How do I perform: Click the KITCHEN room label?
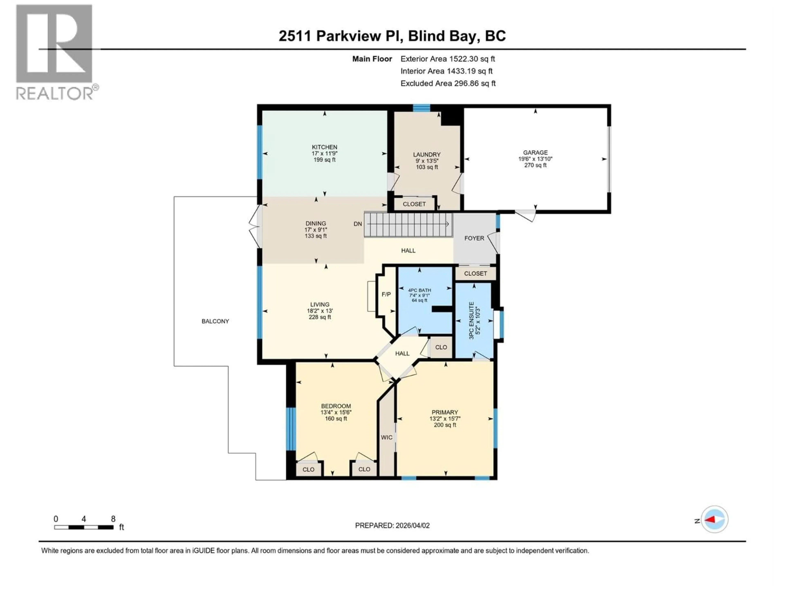tap(324, 147)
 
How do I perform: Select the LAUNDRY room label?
tap(427, 154)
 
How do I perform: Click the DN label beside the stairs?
tap(358, 224)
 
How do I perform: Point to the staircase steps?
tap(408, 224)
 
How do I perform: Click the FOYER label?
tap(474, 238)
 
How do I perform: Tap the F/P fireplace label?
tap(386, 294)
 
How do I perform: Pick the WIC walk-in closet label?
tap(386, 437)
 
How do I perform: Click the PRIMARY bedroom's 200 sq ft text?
tap(445, 425)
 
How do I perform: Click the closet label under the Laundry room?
tap(414, 204)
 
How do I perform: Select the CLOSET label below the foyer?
tap(475, 273)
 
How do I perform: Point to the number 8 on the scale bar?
tap(113, 519)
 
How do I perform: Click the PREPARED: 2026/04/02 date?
tap(392, 525)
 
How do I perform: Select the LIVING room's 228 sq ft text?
tap(320, 317)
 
